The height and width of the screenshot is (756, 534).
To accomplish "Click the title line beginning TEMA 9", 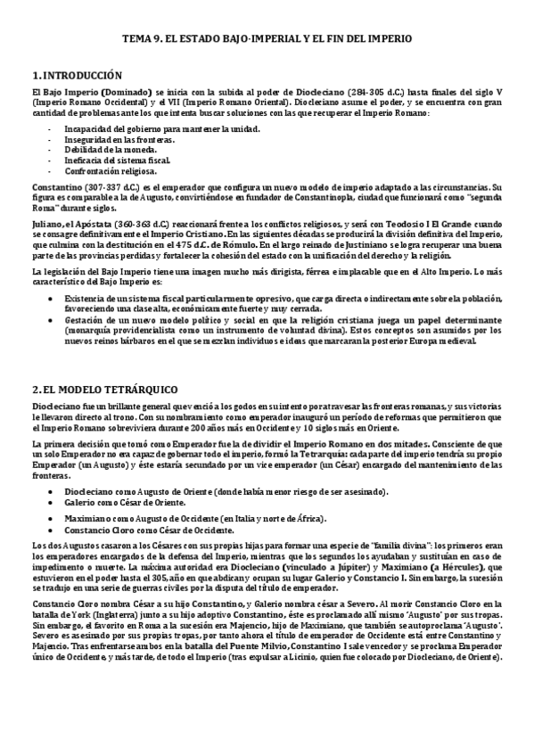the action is pyautogui.click(x=267, y=40).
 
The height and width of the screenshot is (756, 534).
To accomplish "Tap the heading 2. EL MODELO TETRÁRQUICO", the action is pyautogui.click(x=104, y=390).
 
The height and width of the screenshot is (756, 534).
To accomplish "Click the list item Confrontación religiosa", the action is pyautogui.click(x=110, y=169).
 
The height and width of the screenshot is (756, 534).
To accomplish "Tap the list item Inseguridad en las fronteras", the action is pyautogui.click(x=119, y=139).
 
